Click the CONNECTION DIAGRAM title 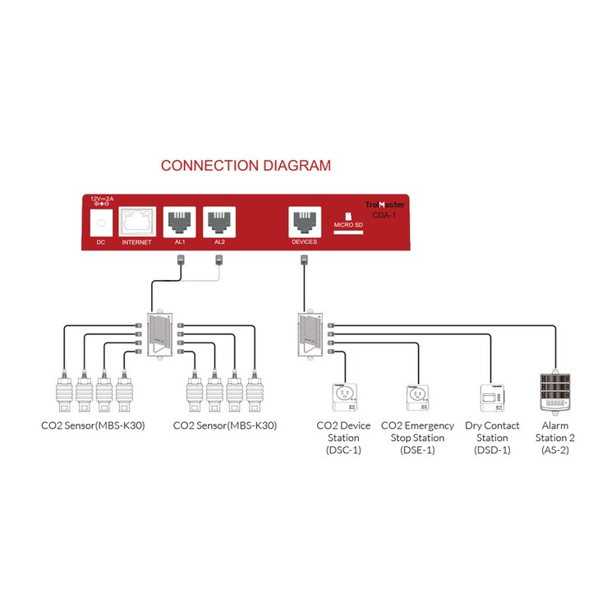[x=246, y=165]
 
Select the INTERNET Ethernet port [x=137, y=221]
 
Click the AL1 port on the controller [x=179, y=221]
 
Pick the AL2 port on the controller [x=219, y=221]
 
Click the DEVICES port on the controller [x=304, y=221]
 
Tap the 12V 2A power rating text [x=103, y=200]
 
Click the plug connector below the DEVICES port [x=304, y=261]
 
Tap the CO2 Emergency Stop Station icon [x=417, y=398]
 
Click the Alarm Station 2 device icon [x=555, y=393]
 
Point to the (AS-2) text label [x=555, y=449]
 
